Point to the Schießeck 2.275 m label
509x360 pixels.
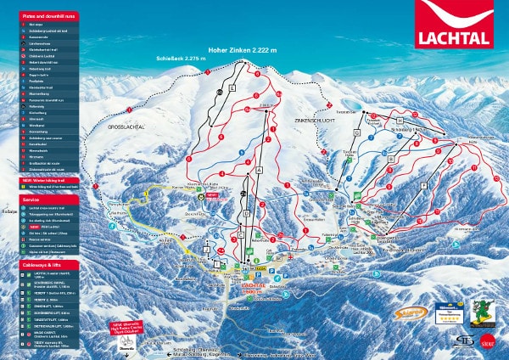point(179,59)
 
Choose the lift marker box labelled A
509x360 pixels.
point(257,170)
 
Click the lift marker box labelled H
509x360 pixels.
point(398,121)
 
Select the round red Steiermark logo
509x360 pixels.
point(488,342)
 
